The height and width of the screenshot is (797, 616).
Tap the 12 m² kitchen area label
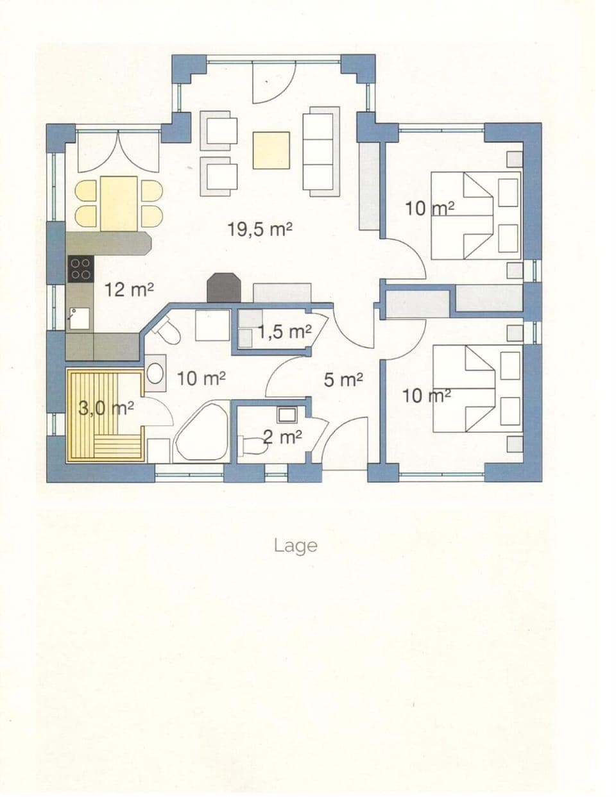point(129,290)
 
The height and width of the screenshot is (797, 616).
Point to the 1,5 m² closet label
point(285,331)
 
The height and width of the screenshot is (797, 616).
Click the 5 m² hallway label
point(343,380)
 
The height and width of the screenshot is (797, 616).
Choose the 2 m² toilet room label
point(283,437)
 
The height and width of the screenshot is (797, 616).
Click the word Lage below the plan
point(295,546)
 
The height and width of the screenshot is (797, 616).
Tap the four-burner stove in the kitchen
point(80,268)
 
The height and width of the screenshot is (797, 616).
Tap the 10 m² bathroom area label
point(201,378)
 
